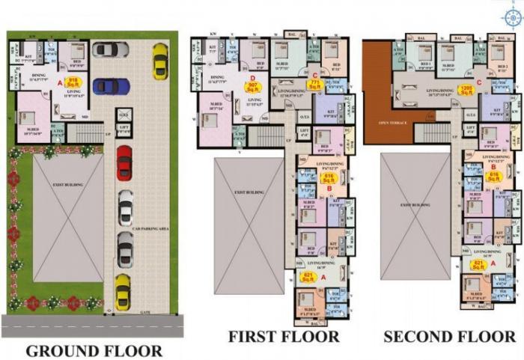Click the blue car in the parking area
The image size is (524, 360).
[x=111, y=86]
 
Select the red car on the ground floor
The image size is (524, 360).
[x=124, y=162]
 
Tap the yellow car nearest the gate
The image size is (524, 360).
[x=123, y=291]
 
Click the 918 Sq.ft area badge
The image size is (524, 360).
[x=73, y=83]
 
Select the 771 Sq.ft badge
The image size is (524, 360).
[x=314, y=84]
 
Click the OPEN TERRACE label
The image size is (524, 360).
[x=392, y=123]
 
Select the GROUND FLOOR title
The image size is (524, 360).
[x=94, y=350]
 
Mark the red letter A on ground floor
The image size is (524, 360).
[x=61, y=83]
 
